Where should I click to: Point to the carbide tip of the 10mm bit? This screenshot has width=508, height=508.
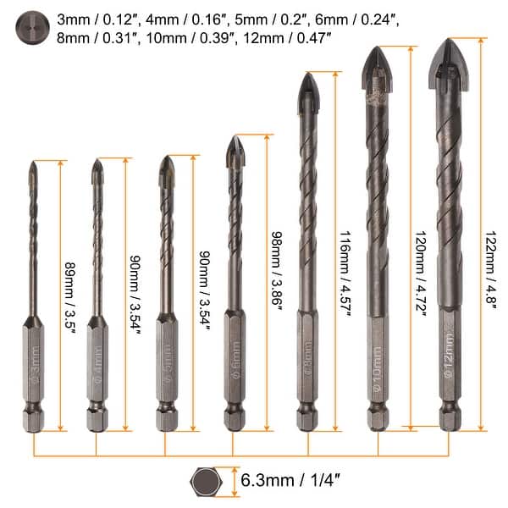click(x=377, y=70)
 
